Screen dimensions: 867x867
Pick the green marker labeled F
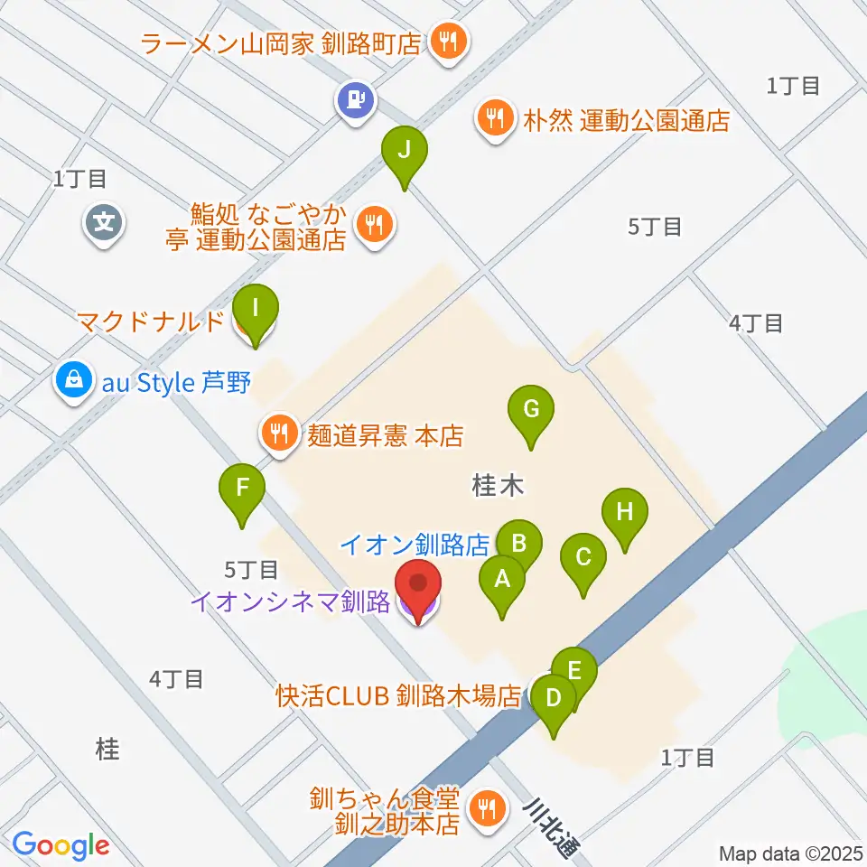point(242,490)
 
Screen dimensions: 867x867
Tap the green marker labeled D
point(554,700)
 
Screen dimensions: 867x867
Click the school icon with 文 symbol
point(105,220)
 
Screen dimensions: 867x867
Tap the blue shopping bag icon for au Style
point(73,382)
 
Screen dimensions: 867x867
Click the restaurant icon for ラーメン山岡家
point(447,41)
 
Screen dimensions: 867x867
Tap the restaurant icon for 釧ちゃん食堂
point(488,806)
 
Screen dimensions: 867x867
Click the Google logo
point(61,844)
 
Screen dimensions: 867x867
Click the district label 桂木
point(498,487)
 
